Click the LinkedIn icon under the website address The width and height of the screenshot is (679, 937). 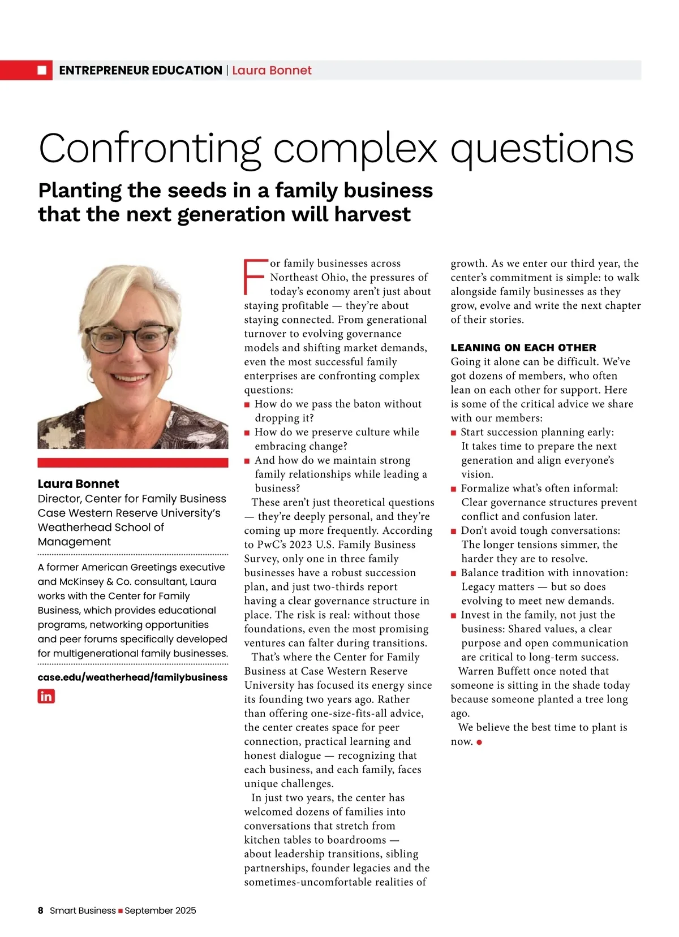click(x=46, y=696)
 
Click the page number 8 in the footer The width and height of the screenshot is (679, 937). click(x=41, y=910)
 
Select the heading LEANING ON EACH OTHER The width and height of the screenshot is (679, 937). click(x=523, y=347)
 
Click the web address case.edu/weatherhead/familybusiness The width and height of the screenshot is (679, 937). click(x=132, y=677)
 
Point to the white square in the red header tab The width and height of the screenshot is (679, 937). click(x=42, y=70)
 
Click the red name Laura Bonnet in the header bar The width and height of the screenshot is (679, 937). click(x=272, y=70)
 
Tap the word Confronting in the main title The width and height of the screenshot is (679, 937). click(x=150, y=148)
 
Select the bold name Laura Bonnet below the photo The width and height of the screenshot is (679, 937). click(x=78, y=483)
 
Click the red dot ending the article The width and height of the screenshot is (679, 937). click(x=479, y=742)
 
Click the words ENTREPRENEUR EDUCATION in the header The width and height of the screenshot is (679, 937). click(x=140, y=70)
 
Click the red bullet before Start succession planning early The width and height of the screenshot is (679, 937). click(x=454, y=433)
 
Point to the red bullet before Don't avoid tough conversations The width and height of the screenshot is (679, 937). click(x=454, y=531)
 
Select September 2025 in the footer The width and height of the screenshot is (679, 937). click(x=160, y=910)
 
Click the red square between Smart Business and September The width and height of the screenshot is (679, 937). click(x=120, y=911)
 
